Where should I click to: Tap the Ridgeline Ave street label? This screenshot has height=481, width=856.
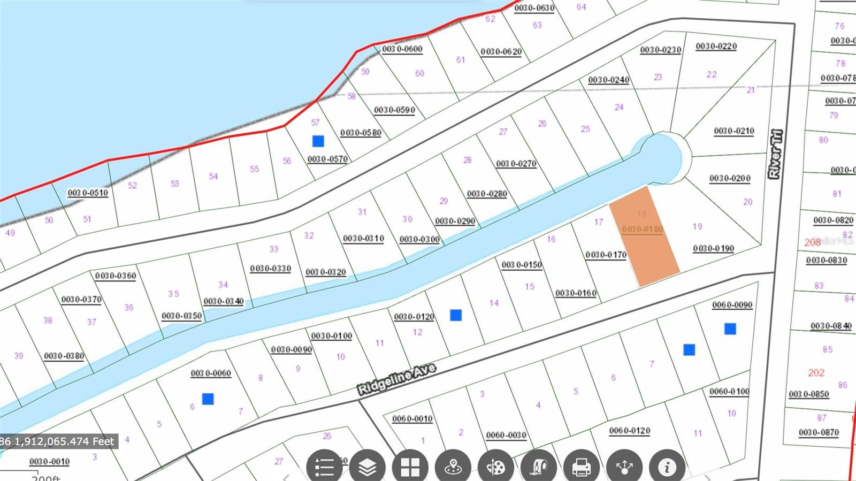click(396, 379)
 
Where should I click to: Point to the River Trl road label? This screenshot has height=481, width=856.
click(775, 154)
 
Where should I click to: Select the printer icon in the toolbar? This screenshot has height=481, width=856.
click(582, 467)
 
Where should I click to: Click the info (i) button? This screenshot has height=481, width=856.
click(667, 467)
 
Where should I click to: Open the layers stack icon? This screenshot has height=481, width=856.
click(367, 467)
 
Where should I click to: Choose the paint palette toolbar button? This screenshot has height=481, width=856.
click(496, 467)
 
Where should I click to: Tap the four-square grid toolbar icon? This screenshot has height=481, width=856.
click(410, 467)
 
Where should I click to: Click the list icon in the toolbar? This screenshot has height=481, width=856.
click(324, 467)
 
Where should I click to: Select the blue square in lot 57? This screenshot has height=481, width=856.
click(318, 141)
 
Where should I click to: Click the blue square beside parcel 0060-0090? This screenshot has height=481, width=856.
click(730, 329)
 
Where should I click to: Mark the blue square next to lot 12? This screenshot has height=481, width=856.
click(456, 315)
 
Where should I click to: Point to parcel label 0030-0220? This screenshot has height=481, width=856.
click(716, 47)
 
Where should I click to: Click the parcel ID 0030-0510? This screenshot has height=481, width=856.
click(88, 193)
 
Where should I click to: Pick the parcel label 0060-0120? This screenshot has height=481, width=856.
click(630, 431)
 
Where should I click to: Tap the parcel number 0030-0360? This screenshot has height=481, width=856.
click(116, 276)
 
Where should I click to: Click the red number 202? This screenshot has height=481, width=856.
click(816, 372)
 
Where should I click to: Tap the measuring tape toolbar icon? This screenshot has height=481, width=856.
click(539, 467)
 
